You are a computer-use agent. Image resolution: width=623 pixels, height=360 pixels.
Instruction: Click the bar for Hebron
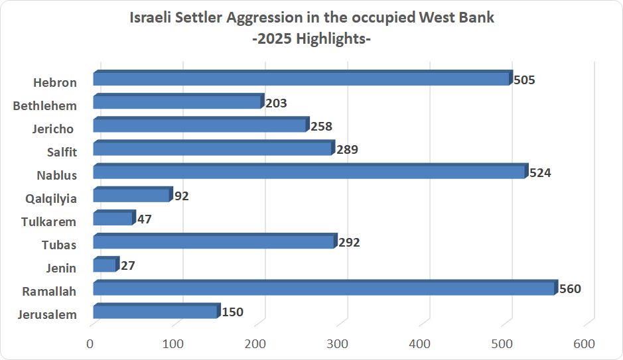pos(302,79)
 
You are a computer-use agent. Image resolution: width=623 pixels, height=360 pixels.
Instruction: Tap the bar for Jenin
pos(104,265)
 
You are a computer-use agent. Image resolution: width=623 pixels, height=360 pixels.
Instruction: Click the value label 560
pos(570,289)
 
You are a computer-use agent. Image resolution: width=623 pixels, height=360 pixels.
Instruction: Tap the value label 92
pos(181,196)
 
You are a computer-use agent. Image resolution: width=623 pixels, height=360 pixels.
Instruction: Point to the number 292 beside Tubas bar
pos(349,243)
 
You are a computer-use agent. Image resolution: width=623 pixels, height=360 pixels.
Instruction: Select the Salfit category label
pos(61,152)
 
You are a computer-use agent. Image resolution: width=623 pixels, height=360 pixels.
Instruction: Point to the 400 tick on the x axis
pos(421,344)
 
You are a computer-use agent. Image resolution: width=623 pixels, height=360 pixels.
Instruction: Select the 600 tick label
pos(585,344)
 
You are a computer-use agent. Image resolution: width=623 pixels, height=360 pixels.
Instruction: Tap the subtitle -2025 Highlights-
pos(311,39)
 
